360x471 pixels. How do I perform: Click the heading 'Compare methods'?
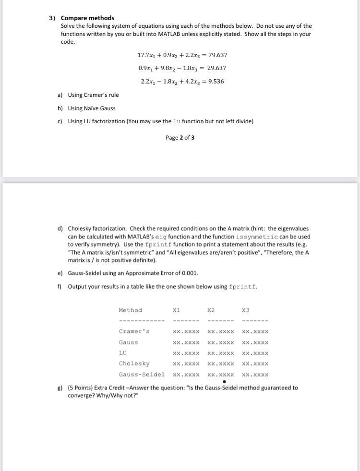point(87,18)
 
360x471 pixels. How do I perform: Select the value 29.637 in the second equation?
point(216,68)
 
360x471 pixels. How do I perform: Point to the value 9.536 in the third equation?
point(215,81)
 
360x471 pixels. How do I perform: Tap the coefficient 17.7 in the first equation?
point(144,55)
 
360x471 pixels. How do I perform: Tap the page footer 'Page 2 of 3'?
point(180,138)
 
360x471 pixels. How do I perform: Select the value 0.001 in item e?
point(190,273)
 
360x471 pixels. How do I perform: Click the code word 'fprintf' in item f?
point(242,287)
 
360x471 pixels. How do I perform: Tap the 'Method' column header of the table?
point(130,310)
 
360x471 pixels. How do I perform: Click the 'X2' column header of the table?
point(211,310)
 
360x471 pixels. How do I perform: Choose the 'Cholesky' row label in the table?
point(134,364)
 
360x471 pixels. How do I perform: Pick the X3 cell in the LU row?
point(255,353)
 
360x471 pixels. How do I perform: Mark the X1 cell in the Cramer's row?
point(186,331)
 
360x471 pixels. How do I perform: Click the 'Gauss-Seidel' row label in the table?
point(142,375)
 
